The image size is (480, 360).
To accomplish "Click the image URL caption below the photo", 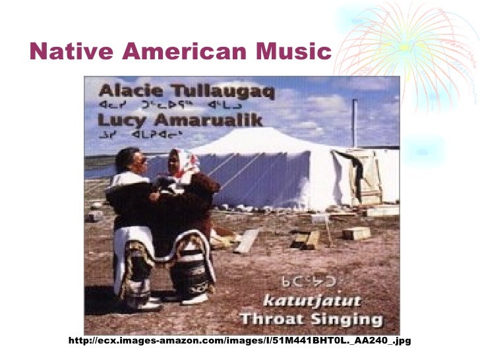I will coord(239,341).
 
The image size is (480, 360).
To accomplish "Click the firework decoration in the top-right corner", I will coord(422,46).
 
